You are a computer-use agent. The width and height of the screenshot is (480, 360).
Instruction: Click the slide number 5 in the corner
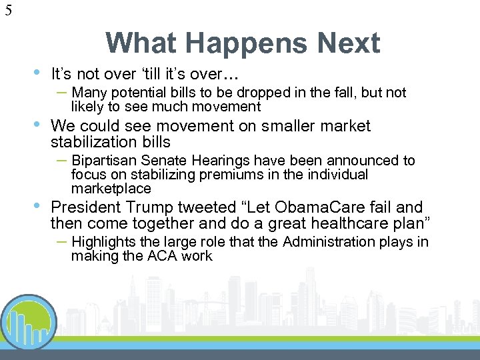(7, 10)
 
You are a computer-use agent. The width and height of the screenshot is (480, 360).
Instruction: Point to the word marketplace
(111, 189)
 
